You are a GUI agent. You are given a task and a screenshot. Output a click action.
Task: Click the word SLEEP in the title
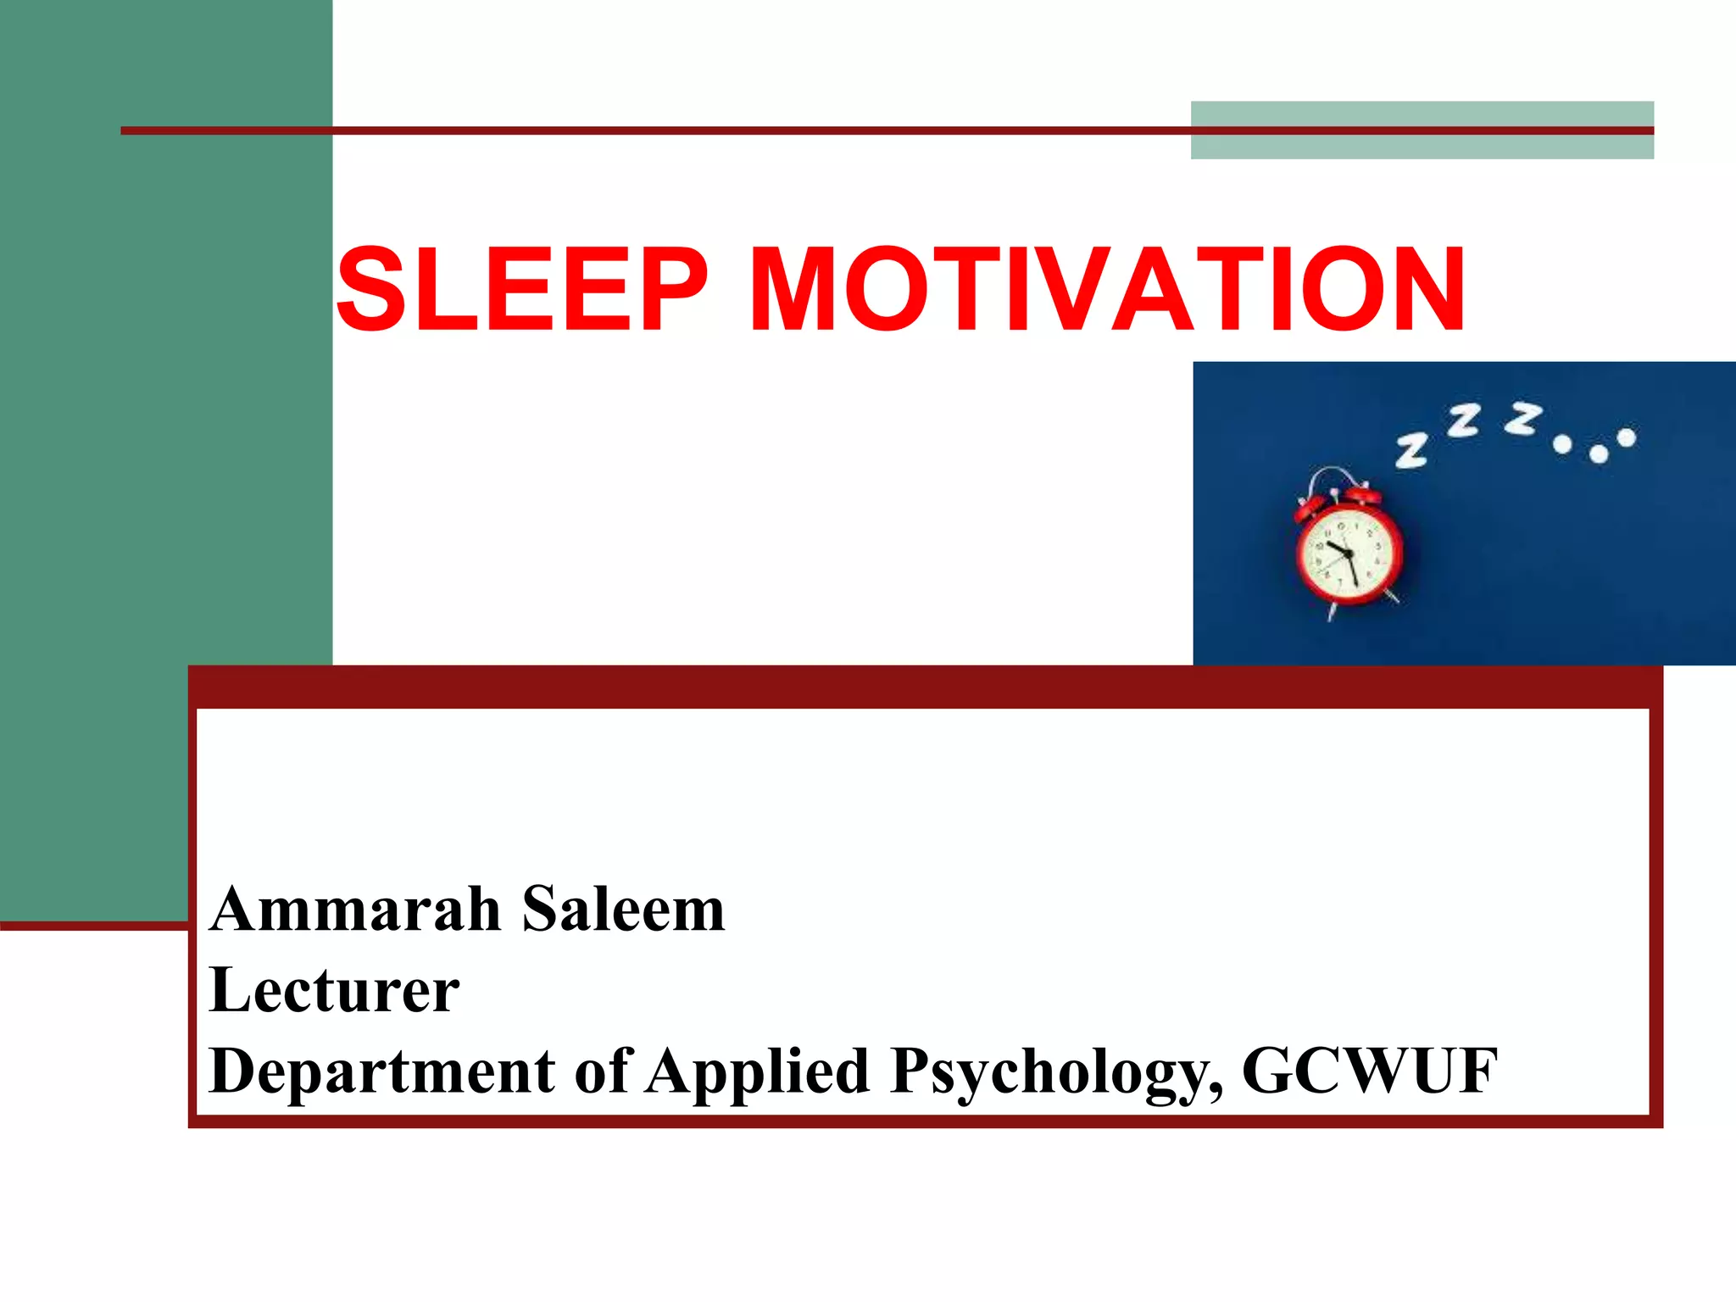521,290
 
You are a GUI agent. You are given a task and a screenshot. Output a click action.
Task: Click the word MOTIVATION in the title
1107,290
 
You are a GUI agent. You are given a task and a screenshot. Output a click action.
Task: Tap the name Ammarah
355,910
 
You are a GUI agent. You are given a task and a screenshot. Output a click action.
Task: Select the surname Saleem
623,910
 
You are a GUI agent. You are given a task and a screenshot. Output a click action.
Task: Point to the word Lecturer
334,989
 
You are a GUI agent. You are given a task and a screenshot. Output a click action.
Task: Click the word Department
381,1071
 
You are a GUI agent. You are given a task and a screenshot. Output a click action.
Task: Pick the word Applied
758,1071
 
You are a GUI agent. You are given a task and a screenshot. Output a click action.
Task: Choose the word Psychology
1056,1071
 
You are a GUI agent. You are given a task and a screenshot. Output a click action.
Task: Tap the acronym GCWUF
1369,1071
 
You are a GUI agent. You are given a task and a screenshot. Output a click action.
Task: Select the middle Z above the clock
1464,421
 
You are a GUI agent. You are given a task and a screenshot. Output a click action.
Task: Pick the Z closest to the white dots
1523,418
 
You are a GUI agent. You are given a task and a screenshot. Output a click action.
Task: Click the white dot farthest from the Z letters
1626,437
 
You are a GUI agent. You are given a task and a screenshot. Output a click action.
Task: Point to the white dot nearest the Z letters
1562,444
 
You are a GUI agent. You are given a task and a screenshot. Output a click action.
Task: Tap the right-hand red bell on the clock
1360,495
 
